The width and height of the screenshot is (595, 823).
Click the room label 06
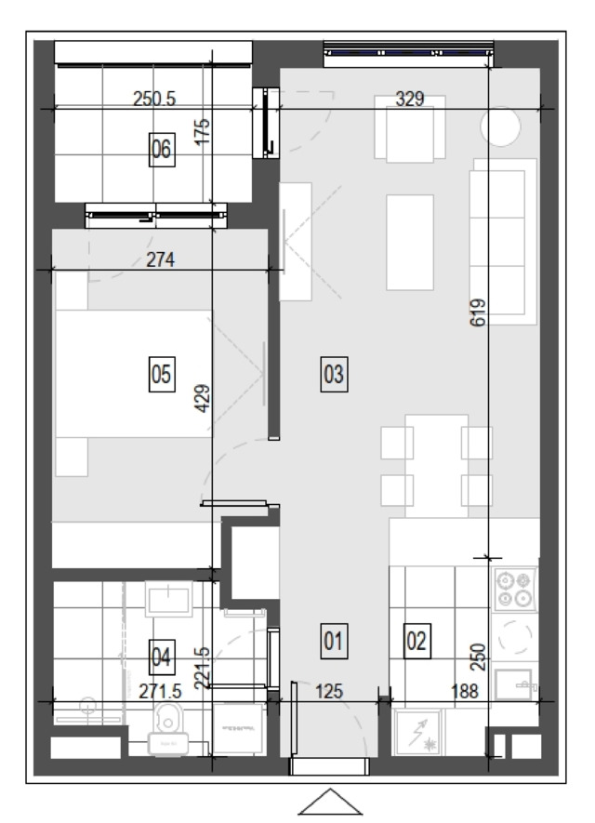click(162, 150)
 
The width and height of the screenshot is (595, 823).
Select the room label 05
click(162, 374)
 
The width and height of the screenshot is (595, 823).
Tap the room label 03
click(335, 374)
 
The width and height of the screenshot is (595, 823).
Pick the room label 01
click(335, 641)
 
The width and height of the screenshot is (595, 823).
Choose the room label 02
click(417, 641)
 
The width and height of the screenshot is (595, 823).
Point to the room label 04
click(162, 657)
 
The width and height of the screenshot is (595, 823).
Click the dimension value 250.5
click(153, 99)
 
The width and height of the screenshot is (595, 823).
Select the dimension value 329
click(410, 99)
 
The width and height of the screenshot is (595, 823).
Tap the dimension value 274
click(160, 259)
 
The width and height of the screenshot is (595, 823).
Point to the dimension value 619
click(478, 312)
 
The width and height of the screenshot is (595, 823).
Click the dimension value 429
click(203, 398)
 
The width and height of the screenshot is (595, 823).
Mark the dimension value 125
click(329, 692)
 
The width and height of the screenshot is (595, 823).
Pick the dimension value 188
click(465, 692)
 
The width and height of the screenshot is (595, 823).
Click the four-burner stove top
click(514, 590)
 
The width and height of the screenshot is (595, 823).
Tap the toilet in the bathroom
click(168, 729)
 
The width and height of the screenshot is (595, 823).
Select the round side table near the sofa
click(500, 126)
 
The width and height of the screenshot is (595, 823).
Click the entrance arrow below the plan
click(330, 802)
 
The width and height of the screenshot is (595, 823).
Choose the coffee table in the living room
click(410, 243)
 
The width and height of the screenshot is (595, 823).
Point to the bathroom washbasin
click(168, 600)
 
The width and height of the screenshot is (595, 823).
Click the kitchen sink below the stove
click(514, 684)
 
